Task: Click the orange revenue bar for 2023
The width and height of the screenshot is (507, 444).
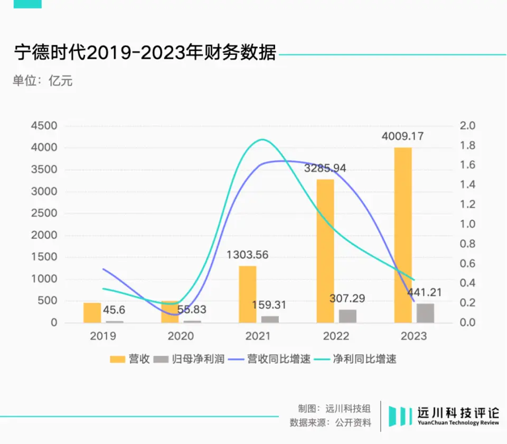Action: click(402, 235)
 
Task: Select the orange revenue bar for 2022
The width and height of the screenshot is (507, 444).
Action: click(325, 251)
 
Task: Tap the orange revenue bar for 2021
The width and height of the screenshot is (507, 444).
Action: click(248, 294)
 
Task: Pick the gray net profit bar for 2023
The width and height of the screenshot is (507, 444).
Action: click(425, 313)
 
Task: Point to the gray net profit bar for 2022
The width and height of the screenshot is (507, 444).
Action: click(348, 316)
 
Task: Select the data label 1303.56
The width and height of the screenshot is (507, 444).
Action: click(248, 255)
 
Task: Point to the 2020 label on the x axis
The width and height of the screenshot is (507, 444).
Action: click(181, 336)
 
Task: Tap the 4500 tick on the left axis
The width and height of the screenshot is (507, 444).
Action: click(45, 126)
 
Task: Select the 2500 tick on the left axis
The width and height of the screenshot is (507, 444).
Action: click(45, 214)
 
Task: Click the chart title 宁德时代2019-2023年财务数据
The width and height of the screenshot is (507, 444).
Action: click(145, 53)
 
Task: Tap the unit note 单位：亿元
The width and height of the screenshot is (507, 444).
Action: click(43, 81)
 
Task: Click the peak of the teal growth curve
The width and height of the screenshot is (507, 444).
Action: click(262, 140)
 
